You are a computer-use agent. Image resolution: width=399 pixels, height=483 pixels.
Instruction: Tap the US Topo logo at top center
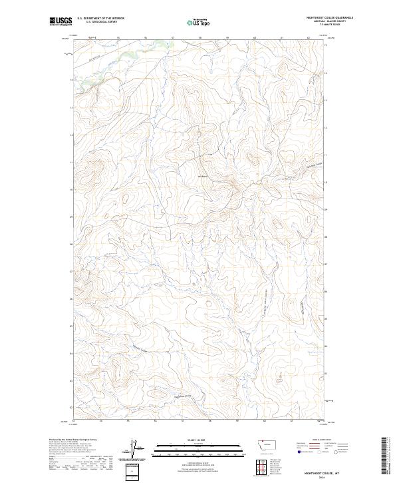tap(199, 22)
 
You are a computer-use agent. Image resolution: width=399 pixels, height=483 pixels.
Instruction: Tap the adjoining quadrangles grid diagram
tap(269, 464)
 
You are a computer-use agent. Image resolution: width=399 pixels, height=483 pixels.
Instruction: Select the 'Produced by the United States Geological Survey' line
tap(74, 441)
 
